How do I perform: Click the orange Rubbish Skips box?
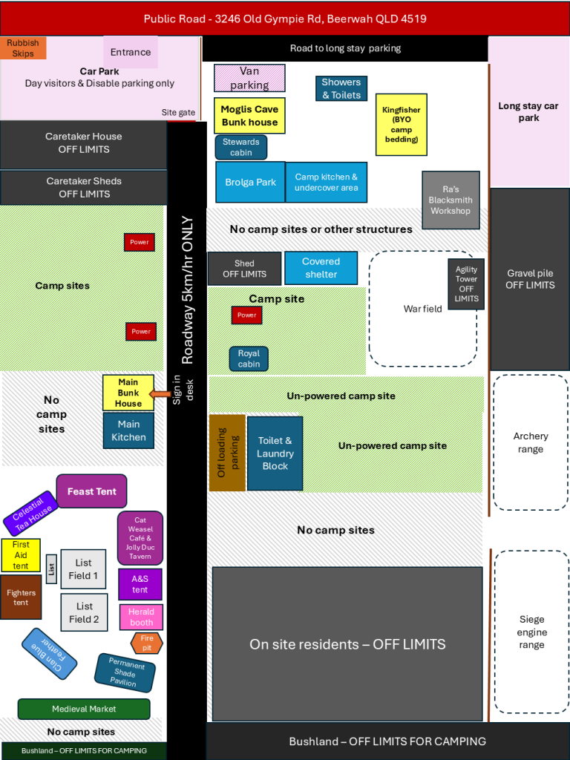[23, 48]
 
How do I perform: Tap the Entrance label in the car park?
[131, 52]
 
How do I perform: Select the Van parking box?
[249, 79]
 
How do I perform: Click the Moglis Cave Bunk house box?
[249, 116]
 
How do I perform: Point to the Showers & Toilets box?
[341, 88]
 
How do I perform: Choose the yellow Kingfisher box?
[401, 124]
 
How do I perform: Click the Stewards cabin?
[241, 147]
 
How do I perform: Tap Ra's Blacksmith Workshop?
[451, 200]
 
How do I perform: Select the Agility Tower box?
[466, 284]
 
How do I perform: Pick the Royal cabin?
[249, 358]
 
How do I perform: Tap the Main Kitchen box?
[128, 430]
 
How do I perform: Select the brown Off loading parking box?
[227, 453]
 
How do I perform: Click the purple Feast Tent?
[91, 491]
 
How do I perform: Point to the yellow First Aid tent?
[21, 555]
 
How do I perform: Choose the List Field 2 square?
[85, 612]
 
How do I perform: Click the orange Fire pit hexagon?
[146, 643]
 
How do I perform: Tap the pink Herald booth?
[141, 617]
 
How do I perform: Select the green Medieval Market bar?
[84, 709]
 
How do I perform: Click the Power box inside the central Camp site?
[246, 315]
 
